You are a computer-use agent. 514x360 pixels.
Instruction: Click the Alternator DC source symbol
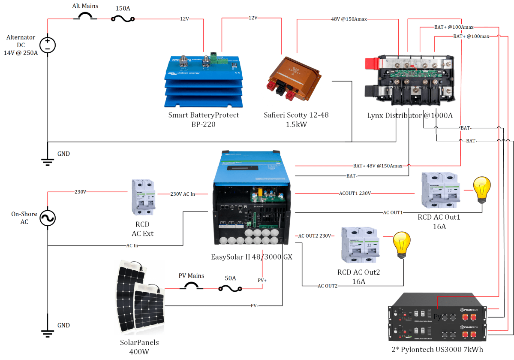point(48,45)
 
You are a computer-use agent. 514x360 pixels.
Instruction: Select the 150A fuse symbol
point(123,18)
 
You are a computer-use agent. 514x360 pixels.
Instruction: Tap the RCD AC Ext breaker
point(143,197)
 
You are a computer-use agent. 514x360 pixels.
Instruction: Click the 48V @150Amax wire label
point(349,19)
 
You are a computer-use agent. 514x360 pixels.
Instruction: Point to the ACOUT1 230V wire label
point(355,194)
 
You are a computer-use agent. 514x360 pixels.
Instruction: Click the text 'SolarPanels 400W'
point(139,347)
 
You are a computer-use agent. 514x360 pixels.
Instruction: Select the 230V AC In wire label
point(183,194)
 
